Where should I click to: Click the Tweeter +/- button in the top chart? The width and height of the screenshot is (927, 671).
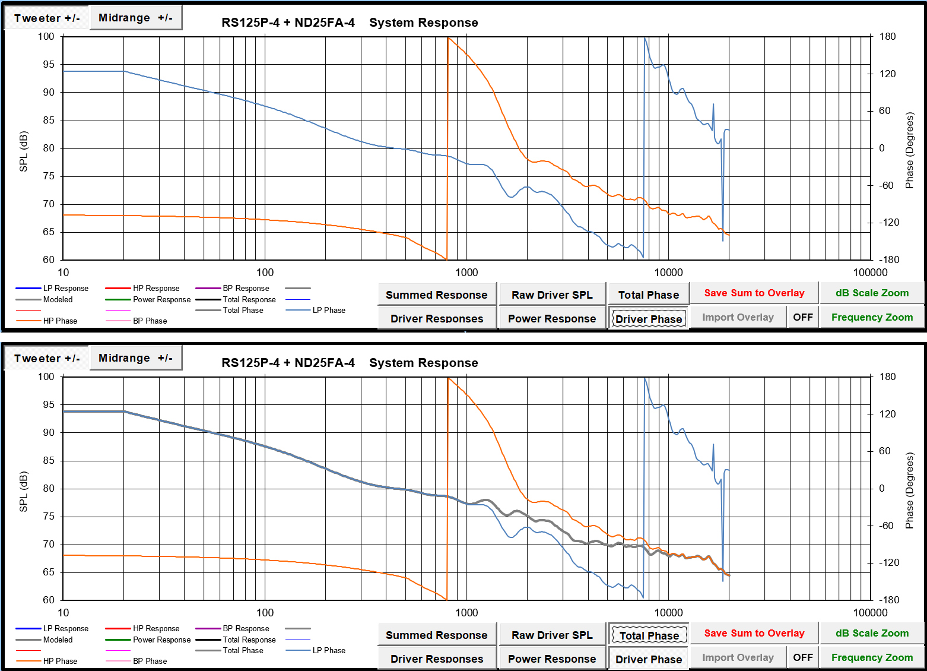tap(47, 18)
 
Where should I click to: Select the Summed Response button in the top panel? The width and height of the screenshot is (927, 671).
tap(436, 295)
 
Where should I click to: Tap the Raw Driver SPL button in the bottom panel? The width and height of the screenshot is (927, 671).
tap(552, 635)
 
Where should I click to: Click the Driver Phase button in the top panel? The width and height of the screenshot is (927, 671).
tap(649, 319)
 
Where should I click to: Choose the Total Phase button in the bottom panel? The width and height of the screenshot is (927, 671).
tap(649, 635)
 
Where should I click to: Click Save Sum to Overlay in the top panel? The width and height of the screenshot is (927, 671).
tap(754, 293)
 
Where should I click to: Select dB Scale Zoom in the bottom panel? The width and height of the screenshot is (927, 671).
tap(872, 633)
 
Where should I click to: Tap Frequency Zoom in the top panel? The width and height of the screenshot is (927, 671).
tap(872, 317)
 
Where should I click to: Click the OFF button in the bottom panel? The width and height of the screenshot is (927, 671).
tap(802, 657)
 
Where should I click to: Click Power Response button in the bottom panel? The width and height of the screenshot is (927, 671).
tap(552, 659)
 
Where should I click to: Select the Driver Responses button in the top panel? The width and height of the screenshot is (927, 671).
tap(436, 318)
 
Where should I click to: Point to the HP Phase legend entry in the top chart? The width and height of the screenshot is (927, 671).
tap(60, 321)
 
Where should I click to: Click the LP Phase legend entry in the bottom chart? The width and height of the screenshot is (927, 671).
tap(329, 650)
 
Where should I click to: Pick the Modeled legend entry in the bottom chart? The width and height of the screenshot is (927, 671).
tap(58, 640)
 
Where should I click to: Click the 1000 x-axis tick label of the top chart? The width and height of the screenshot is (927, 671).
tap(466, 273)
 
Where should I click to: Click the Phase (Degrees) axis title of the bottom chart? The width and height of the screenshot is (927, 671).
tap(909, 490)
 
